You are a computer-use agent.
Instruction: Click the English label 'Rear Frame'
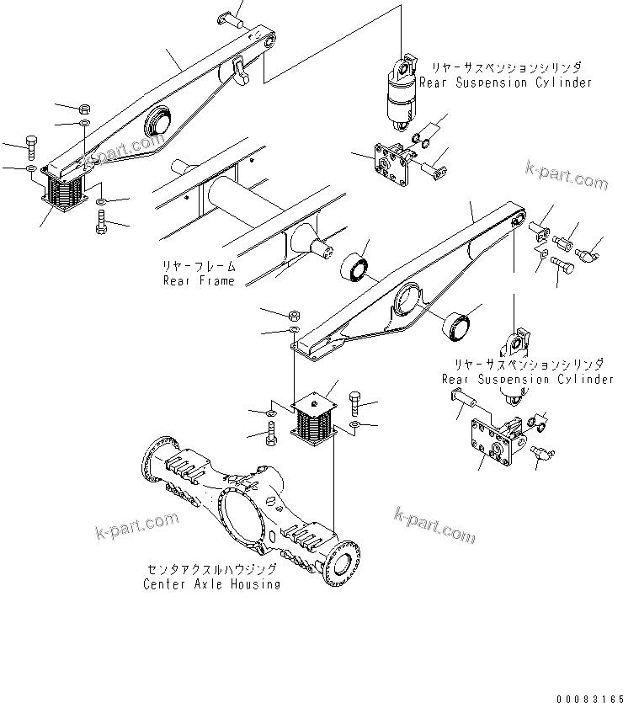click(x=199, y=280)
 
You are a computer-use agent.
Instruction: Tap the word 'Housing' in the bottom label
click(x=255, y=583)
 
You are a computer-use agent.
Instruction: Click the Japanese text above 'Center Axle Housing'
click(x=212, y=569)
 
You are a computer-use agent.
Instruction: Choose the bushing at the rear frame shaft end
click(x=359, y=269)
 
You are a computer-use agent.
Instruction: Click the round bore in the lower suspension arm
click(x=407, y=301)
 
